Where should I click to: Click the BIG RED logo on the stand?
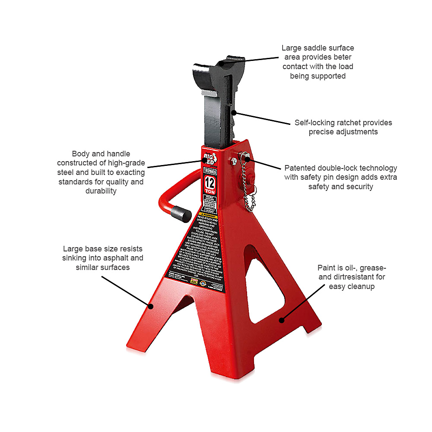(x=210, y=156)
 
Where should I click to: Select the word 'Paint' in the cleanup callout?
(x=327, y=267)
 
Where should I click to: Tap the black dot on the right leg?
(x=281, y=320)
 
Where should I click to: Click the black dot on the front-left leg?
(x=151, y=306)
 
